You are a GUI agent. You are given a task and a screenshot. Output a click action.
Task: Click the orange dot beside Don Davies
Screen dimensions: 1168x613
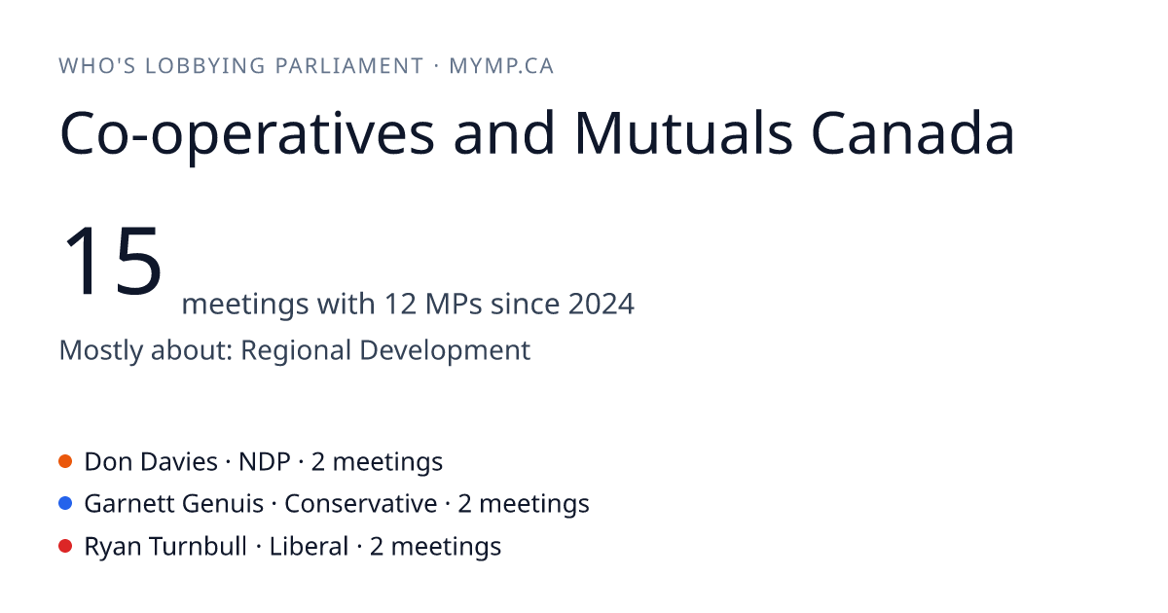point(65,461)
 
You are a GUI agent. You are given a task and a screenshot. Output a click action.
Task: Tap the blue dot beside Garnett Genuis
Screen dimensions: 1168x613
point(65,504)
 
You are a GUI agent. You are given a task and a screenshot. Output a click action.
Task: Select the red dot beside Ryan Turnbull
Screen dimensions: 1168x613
point(65,546)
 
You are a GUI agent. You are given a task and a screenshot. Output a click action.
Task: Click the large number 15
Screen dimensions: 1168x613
point(112,260)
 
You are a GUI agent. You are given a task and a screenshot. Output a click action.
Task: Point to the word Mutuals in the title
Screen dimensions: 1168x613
point(683,133)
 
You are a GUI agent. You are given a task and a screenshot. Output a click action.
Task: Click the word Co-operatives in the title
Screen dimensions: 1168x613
point(247,136)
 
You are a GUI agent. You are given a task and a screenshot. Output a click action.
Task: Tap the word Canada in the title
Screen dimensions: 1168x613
point(913,133)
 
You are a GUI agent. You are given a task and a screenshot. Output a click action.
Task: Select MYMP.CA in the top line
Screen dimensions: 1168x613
point(501,66)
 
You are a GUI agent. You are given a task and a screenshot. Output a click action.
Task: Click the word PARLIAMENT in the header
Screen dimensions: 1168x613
point(348,66)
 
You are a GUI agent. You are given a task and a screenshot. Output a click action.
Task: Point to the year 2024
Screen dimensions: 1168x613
point(602,304)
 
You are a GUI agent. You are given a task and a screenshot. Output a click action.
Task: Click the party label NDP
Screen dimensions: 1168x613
point(265,462)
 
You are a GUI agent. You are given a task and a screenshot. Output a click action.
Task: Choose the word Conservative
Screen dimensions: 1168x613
point(361,504)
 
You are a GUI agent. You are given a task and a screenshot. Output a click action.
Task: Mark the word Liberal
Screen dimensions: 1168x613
point(309,546)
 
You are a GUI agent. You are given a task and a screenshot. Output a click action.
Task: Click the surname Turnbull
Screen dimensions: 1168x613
point(199,546)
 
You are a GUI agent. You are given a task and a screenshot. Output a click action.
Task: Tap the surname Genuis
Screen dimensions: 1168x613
point(223,504)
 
